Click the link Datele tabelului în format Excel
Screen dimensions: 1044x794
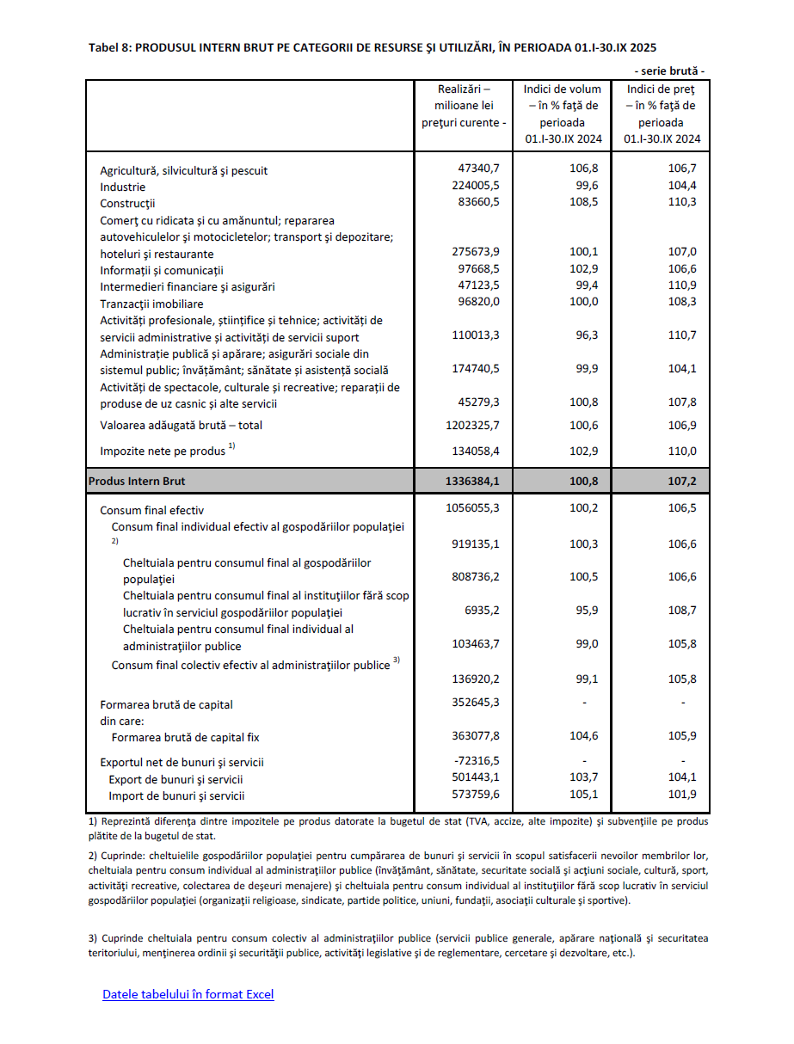pos(188,995)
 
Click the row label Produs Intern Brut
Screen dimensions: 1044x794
pos(137,482)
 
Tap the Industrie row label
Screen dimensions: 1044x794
pos(123,187)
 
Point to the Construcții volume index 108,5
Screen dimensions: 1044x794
pos(584,202)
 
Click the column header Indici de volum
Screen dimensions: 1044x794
pos(563,89)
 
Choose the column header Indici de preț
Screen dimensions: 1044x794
pos(661,89)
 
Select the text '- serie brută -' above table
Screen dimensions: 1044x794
pos(669,71)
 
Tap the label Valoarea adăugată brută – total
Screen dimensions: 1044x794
pos(182,426)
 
